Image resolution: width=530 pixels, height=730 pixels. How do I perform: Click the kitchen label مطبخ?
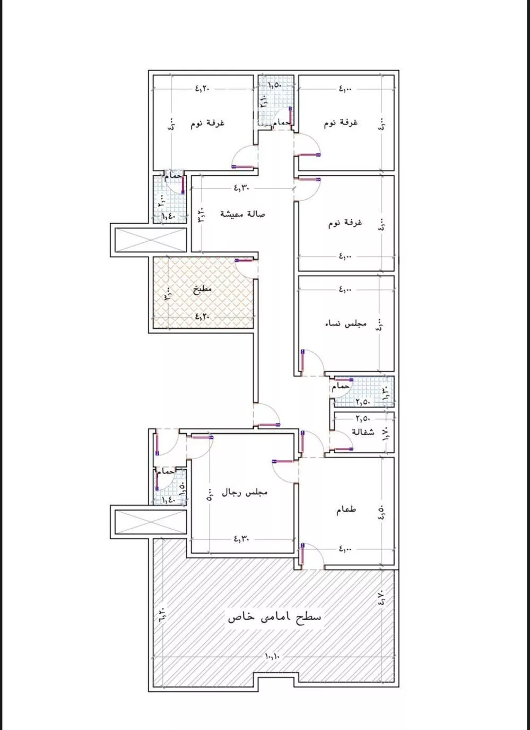point(202,290)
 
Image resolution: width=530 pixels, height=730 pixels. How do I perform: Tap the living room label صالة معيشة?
point(242,214)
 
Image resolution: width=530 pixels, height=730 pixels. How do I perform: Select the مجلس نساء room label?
point(346,324)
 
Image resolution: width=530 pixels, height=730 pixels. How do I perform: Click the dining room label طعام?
point(346,510)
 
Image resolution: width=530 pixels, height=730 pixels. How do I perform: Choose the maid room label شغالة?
point(363,432)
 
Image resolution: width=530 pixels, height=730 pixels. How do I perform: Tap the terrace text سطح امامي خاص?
point(274,617)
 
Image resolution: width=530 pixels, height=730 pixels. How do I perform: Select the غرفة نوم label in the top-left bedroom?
point(207,123)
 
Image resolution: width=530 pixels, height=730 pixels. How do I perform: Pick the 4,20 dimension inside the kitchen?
point(202,316)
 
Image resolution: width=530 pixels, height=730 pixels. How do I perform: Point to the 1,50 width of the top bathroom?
point(274,85)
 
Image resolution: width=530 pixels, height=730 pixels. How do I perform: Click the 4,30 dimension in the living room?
point(241,188)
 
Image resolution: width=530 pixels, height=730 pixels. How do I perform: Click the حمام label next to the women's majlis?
point(341,386)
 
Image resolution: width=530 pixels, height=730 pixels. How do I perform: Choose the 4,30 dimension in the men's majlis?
point(241,539)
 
